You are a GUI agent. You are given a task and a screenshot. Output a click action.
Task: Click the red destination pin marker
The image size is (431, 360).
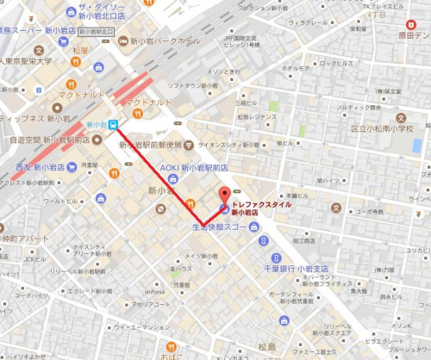click(x=225, y=195)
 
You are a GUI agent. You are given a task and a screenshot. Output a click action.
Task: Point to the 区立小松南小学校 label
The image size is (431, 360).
click(x=381, y=128)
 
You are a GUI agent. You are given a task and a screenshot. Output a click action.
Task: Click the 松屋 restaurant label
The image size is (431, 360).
click(x=80, y=50)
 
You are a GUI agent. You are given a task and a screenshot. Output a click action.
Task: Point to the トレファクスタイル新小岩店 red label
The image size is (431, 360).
click(x=261, y=208)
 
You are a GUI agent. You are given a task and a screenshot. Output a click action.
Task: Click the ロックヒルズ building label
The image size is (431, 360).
click(x=333, y=64)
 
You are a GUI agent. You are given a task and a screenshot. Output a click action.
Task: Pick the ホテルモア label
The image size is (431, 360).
click(x=295, y=68)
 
